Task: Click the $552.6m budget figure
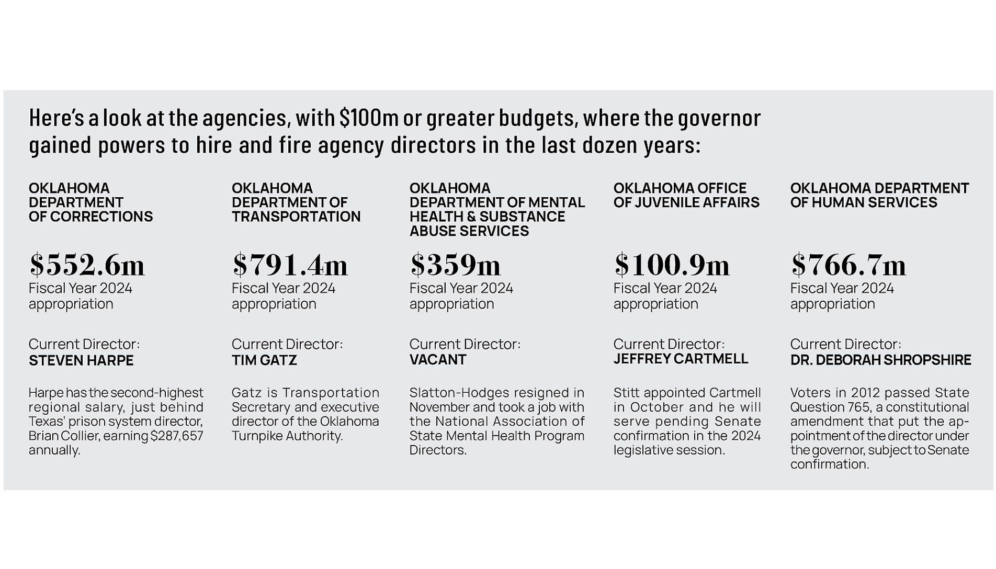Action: pyautogui.click(x=87, y=265)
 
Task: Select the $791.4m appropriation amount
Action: pyautogui.click(x=290, y=265)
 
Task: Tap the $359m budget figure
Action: pyautogui.click(x=455, y=265)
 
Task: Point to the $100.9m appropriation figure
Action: pyautogui.click(x=672, y=265)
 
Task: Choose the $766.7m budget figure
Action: pyautogui.click(x=848, y=265)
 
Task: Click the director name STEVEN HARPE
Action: pyautogui.click(x=81, y=360)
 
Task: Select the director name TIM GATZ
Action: pyautogui.click(x=264, y=360)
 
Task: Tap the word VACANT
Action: pyautogui.click(x=438, y=360)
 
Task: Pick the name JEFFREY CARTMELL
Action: pyautogui.click(x=681, y=359)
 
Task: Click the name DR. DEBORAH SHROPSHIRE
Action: pyautogui.click(x=880, y=360)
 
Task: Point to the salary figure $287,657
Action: pyautogui.click(x=176, y=436)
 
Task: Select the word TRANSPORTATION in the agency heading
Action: pyautogui.click(x=296, y=217)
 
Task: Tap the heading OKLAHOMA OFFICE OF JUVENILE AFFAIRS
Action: pyautogui.click(x=686, y=195)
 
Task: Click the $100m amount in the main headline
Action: pyautogui.click(x=369, y=118)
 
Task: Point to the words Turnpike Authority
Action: pyautogui.click(x=287, y=436)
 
